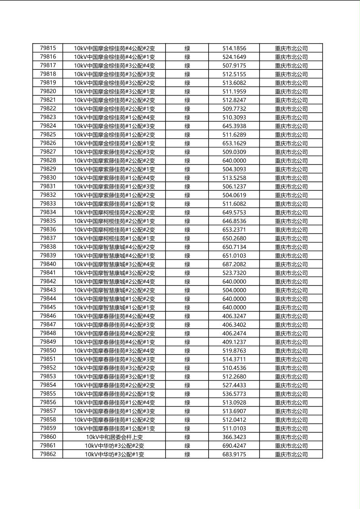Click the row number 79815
coord(48,48)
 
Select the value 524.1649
coord(234,57)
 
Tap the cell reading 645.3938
coord(234,126)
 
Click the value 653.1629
coord(234,143)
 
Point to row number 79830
coord(48,178)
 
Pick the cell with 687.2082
coord(234,264)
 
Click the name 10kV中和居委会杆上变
coord(114,437)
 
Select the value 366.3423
coord(234,437)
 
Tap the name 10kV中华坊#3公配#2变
coord(114,446)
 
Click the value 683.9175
coord(234,454)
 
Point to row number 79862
coord(48,454)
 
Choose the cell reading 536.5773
coord(234,394)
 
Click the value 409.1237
coord(234,342)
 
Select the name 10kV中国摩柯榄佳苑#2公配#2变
coord(114,213)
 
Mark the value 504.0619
coord(234,195)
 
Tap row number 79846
coord(48,316)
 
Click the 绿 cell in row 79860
coord(187,437)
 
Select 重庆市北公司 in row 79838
coord(291,247)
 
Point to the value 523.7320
coord(234,273)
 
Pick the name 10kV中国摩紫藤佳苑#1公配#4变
coord(114,178)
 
